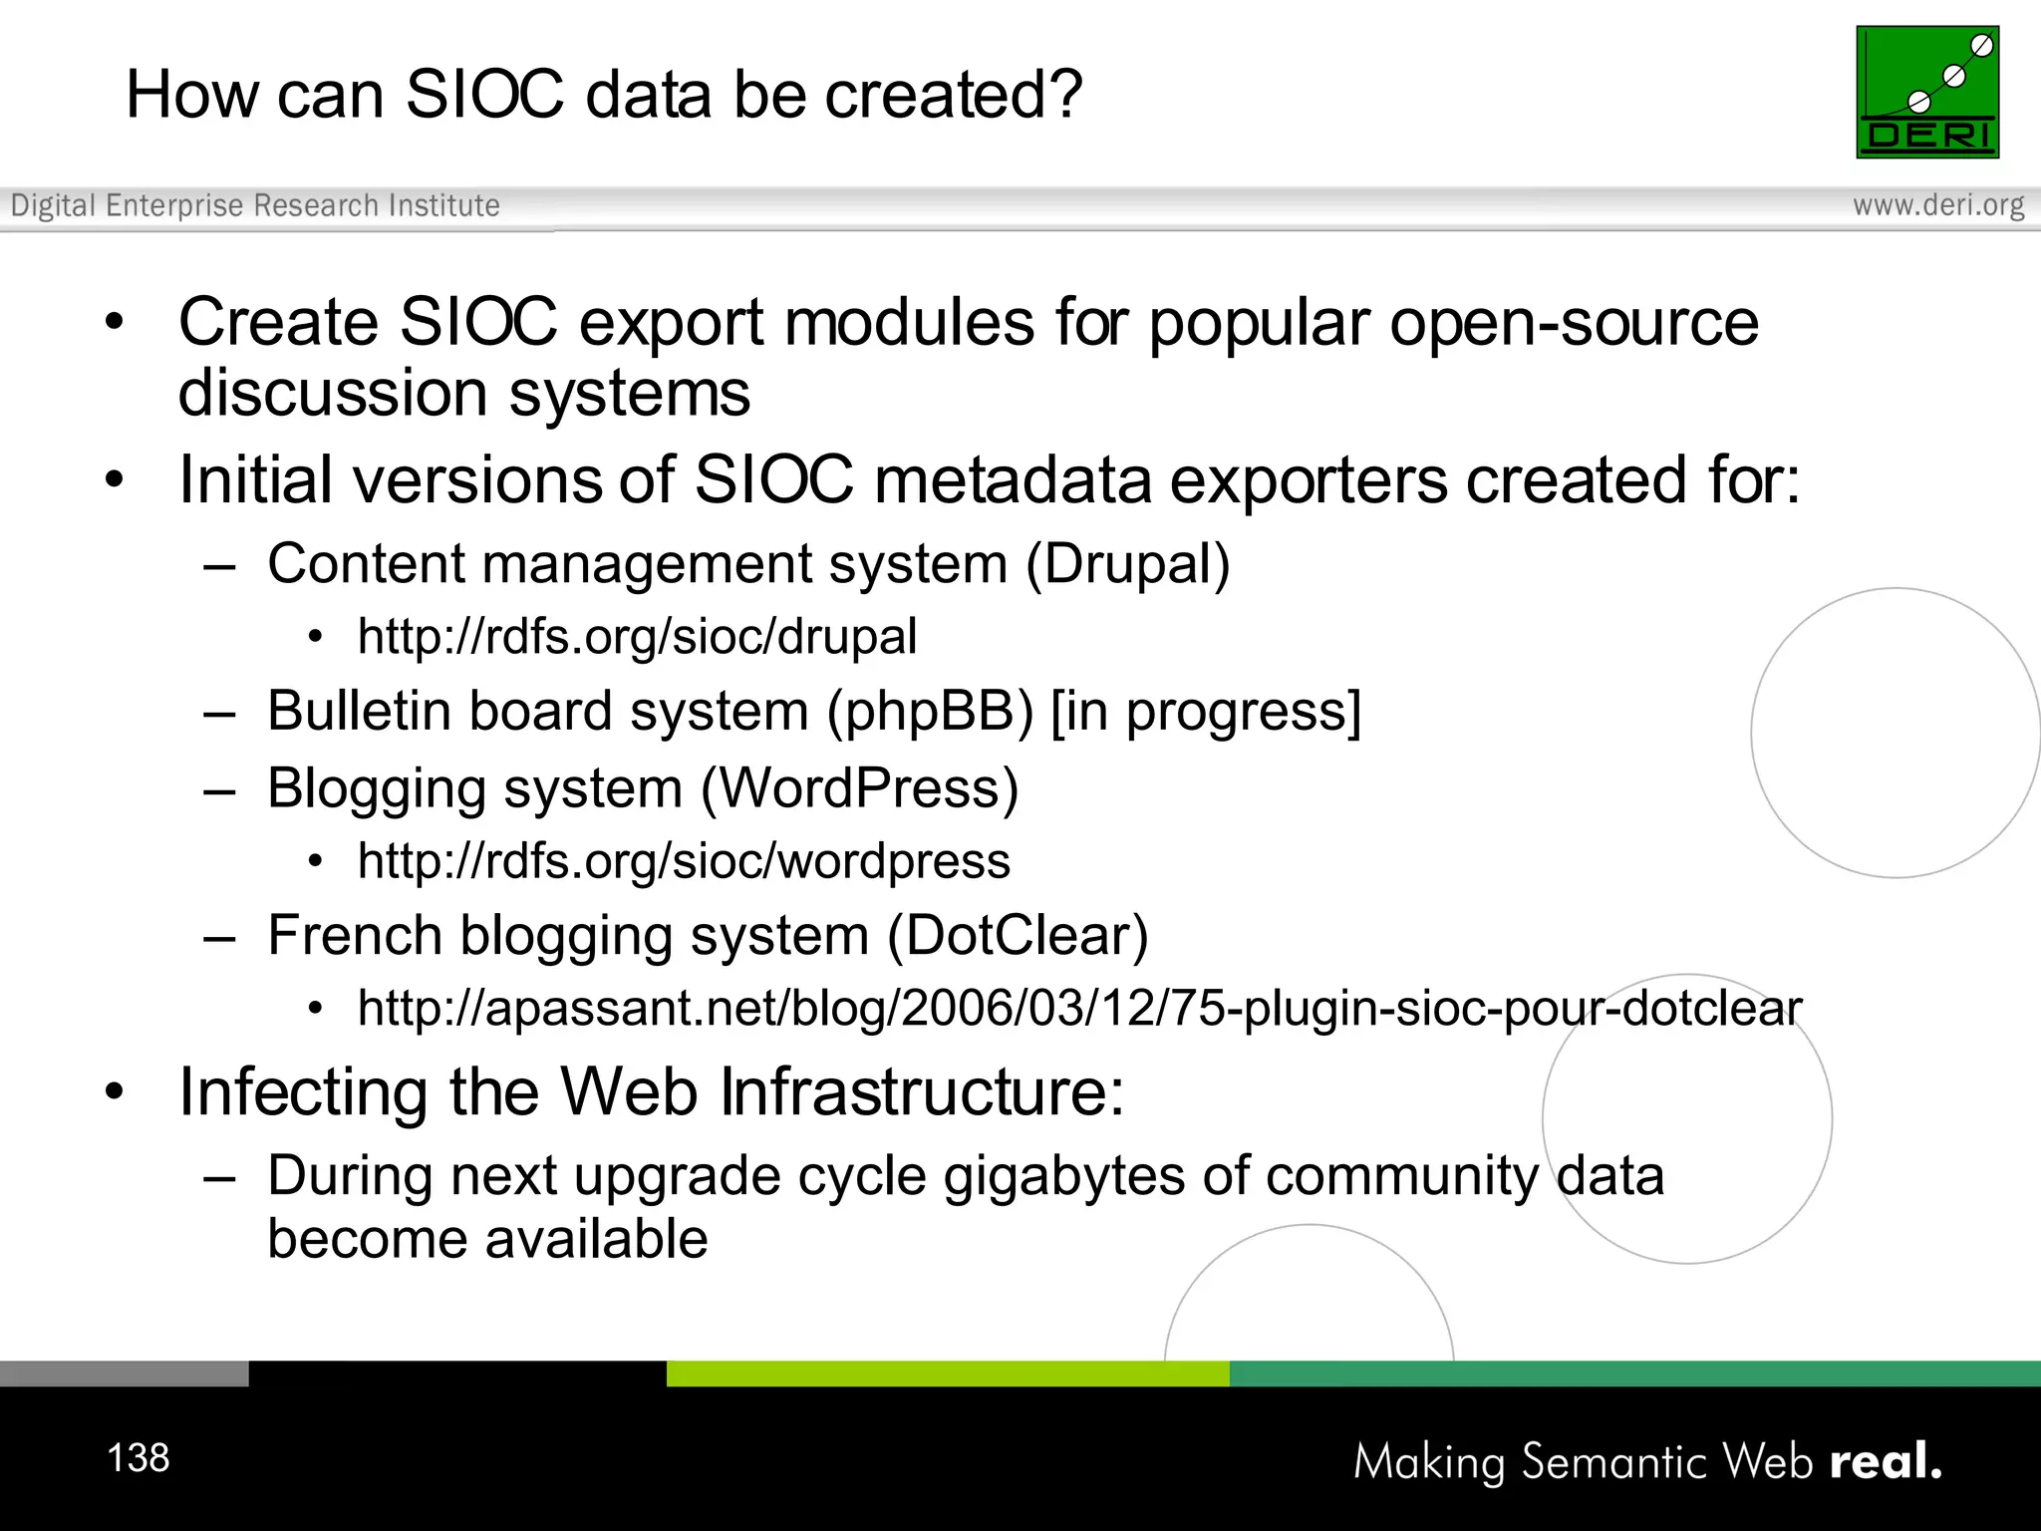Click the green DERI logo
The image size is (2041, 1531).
click(1926, 92)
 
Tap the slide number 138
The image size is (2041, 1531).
click(139, 1457)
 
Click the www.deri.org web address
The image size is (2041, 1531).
click(1937, 205)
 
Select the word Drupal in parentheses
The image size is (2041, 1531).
click(1128, 564)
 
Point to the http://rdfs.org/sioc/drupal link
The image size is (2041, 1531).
click(637, 637)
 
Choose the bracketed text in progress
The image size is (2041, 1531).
click(1206, 712)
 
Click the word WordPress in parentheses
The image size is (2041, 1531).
click(859, 788)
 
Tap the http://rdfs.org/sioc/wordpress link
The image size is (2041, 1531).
click(684, 861)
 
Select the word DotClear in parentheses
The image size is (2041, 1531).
click(1018, 936)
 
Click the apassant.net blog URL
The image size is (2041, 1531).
click(1079, 1008)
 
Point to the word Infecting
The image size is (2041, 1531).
click(304, 1092)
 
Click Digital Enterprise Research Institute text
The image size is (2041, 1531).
click(255, 205)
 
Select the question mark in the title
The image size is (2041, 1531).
click(1065, 95)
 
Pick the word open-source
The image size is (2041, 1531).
click(1574, 323)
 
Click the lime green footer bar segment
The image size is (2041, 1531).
click(947, 1374)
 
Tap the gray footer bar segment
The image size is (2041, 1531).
click(124, 1374)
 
